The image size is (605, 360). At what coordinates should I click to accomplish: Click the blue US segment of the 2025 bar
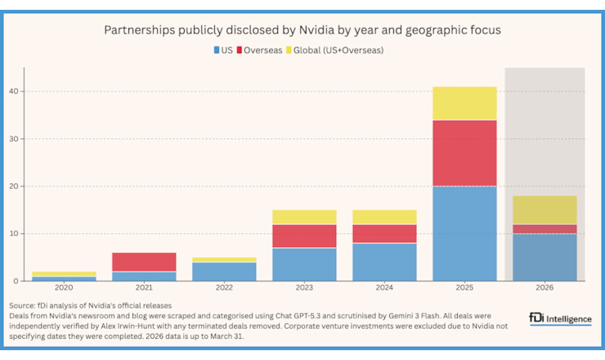coord(465,233)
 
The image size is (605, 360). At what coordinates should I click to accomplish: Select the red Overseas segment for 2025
coord(465,153)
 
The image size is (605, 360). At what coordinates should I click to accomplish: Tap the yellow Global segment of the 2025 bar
coord(465,103)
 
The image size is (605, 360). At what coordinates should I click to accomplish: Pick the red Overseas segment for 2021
coord(144,262)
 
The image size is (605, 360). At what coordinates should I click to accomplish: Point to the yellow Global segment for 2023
coord(304,217)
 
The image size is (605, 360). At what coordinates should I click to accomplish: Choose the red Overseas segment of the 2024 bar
coord(384,233)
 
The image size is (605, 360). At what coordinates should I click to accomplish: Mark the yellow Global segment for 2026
coord(545,210)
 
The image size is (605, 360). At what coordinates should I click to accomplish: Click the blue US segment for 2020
coord(64,278)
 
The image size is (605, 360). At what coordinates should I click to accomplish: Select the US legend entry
coord(223,50)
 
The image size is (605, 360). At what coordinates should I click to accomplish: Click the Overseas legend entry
coord(259,50)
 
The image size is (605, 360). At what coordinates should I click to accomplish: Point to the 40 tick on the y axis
coord(15,92)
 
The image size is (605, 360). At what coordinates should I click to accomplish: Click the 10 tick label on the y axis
coord(15,234)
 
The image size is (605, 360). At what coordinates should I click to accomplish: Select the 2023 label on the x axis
coord(304,288)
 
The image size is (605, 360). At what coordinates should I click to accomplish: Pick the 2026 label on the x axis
coord(545,288)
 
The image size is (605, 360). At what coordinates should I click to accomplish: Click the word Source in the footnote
coord(23,305)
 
